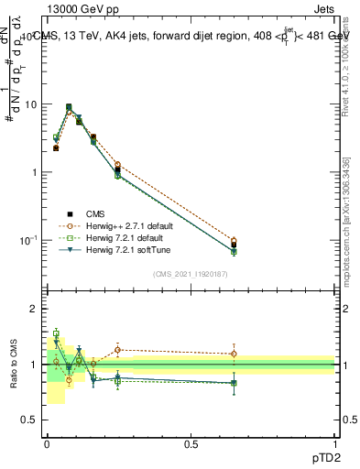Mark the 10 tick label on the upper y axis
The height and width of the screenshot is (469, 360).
click(29, 104)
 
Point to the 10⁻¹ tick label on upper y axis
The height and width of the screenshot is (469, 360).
click(27, 240)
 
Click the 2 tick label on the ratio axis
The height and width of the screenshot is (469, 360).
click(34, 310)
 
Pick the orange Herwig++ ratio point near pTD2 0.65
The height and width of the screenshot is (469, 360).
click(234, 354)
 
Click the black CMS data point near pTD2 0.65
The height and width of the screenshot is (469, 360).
click(234, 245)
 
